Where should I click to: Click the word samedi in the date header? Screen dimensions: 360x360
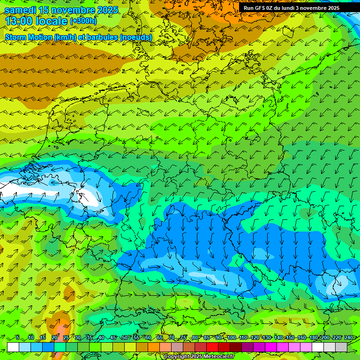21,10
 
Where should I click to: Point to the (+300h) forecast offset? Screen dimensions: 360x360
83,21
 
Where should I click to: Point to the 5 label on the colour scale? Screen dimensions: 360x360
17,338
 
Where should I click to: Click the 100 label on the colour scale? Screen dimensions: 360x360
232,338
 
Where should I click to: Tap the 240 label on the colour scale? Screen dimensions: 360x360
348,338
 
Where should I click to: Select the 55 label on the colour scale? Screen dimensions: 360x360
136,338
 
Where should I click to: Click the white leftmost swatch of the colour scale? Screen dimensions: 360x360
13,347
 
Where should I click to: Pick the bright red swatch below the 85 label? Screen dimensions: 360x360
212,347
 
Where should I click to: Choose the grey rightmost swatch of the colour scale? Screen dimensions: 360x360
341,347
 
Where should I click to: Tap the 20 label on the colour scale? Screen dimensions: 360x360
54,338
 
